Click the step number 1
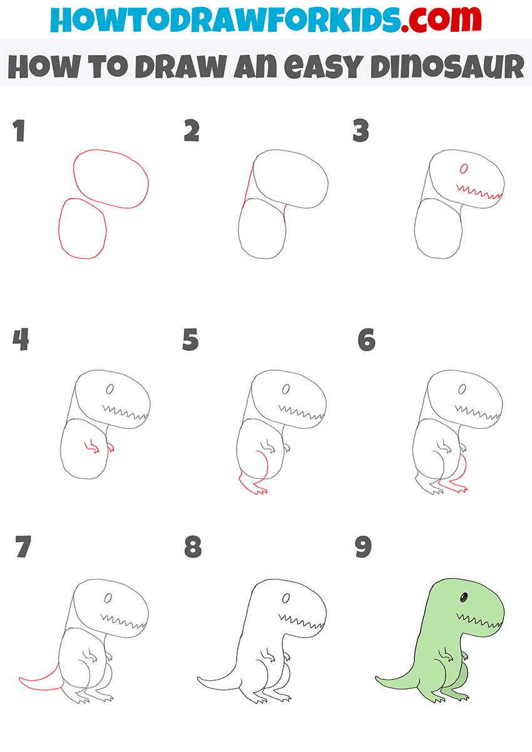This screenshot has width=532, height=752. [x=19, y=132]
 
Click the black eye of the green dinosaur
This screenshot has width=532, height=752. [x=464, y=598]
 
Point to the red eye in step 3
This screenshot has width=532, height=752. [x=464, y=168]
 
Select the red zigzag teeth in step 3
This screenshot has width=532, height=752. [x=479, y=191]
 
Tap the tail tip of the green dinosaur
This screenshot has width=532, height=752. [x=377, y=678]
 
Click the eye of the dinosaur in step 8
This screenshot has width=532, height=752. [x=286, y=598]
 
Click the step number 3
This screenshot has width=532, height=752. [x=361, y=132]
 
